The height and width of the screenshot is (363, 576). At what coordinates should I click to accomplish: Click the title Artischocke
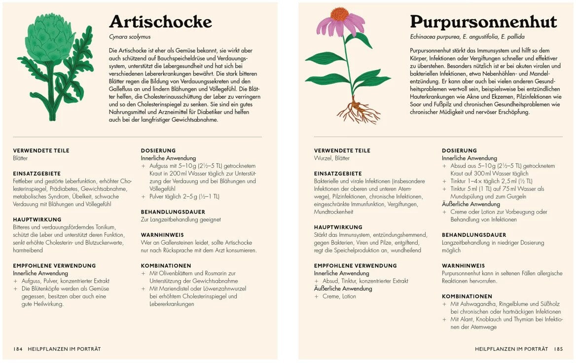(160, 22)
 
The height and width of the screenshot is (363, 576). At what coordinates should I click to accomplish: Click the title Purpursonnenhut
(483, 22)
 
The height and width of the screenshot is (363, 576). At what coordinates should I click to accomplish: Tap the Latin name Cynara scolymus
(130, 37)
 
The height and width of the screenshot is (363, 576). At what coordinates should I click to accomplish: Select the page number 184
(18, 349)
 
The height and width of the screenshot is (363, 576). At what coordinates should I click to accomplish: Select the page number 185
(558, 349)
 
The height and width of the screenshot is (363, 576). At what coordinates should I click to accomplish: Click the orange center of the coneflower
(340, 14)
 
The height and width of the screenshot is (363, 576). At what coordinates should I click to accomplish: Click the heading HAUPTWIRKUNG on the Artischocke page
(37, 219)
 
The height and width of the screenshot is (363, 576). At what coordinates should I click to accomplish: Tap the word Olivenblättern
(179, 273)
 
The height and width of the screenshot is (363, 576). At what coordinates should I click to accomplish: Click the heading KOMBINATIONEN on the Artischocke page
(166, 265)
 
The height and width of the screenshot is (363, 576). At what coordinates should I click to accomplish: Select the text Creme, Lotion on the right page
(339, 296)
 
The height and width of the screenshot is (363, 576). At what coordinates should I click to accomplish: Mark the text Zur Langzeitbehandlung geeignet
(180, 219)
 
